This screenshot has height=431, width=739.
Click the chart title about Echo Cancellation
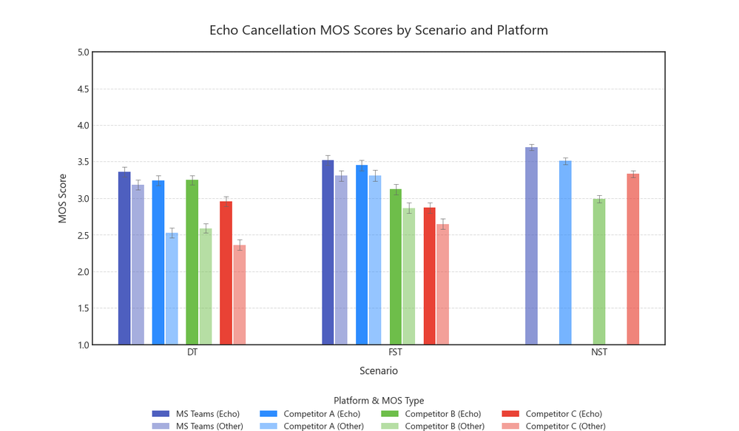379,30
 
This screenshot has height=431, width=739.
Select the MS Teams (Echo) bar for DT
124,258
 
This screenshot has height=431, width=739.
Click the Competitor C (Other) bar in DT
240,295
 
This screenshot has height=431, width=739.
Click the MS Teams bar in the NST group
531,245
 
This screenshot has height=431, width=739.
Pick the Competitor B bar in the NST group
599,271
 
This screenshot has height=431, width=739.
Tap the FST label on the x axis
396,353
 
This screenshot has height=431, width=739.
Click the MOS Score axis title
64,198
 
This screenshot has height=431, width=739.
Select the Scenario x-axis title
379,370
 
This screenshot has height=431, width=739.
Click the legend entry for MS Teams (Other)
208,426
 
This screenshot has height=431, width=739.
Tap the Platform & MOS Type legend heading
379,401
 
